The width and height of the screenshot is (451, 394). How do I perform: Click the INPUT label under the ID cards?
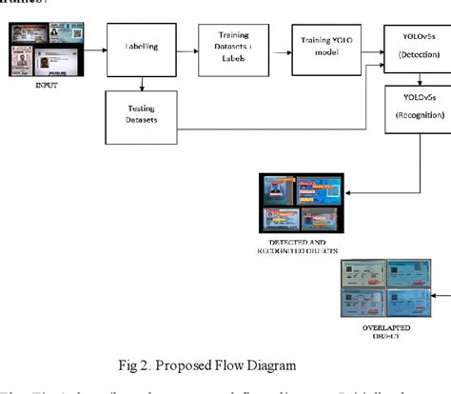pyautogui.click(x=45, y=84)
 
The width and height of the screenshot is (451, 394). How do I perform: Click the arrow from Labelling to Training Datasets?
pyautogui.click(x=189, y=47)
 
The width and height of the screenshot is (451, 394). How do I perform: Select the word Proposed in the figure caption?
pyautogui.click(x=223, y=364)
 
